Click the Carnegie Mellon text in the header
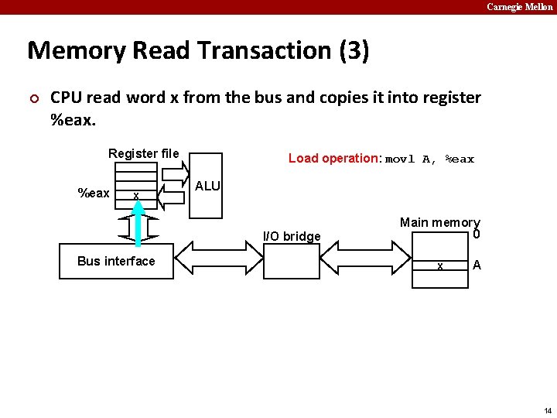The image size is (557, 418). tap(519, 7)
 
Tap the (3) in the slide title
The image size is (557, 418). tap(354, 51)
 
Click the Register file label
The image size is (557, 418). tap(143, 153)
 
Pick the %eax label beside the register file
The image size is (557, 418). tap(94, 193)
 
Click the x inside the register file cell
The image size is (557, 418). tap(135, 196)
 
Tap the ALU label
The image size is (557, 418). tap(207, 186)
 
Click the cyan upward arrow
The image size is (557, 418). tap(137, 228)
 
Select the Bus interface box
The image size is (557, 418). tap(116, 261)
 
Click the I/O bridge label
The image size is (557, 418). tap(292, 236)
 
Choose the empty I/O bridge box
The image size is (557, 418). tap(292, 260)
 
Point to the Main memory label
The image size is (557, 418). tap(439, 222)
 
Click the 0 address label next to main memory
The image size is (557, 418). tap(477, 235)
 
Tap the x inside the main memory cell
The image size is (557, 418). tap(439, 266)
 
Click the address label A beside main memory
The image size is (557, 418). tap(477, 265)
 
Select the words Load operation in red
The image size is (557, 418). tap(334, 158)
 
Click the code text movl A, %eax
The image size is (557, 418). tap(429, 159)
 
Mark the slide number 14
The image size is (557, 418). tap(548, 410)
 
